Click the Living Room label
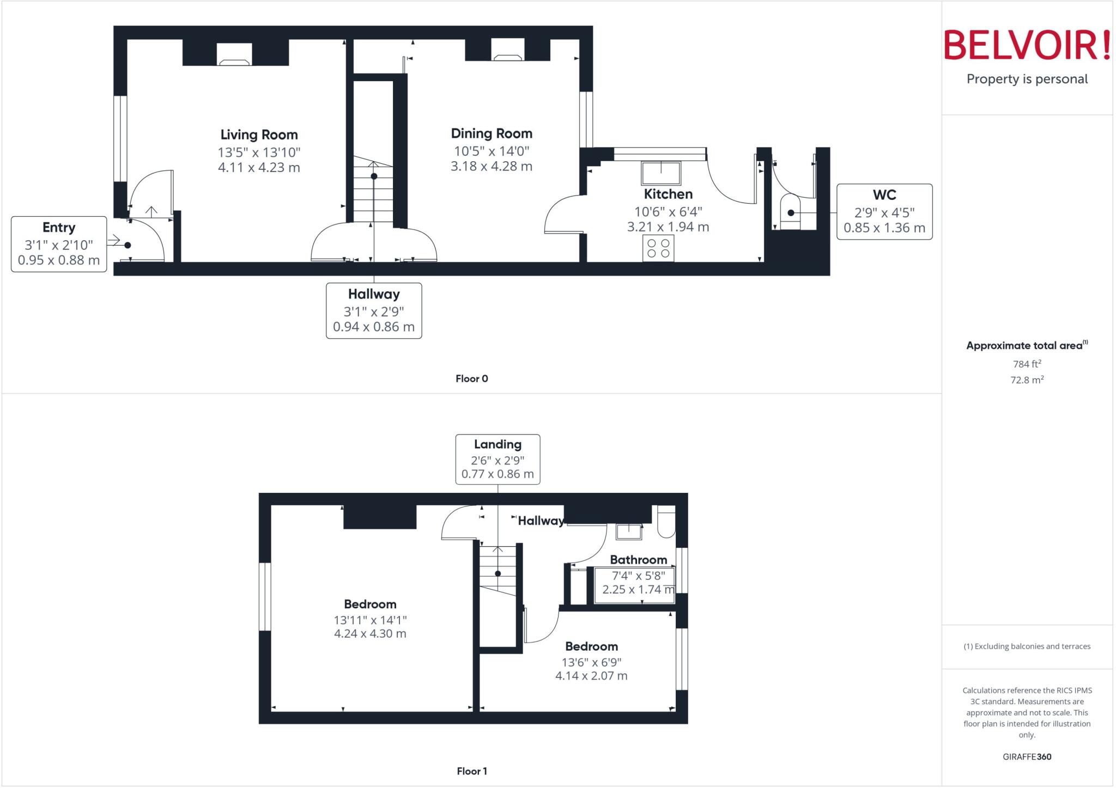click(x=259, y=135)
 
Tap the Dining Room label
click(x=492, y=133)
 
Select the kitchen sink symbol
click(x=661, y=173)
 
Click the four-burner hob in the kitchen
click(x=658, y=248)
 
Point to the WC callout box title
click(x=884, y=195)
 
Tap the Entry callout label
click(x=59, y=228)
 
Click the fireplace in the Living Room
click(x=235, y=54)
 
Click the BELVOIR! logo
click(x=1027, y=45)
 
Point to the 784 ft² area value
click(x=1027, y=364)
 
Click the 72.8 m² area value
click(x=1027, y=380)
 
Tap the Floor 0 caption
click(x=472, y=378)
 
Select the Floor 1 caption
click(x=472, y=771)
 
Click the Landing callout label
click(x=498, y=444)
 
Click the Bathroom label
click(x=638, y=560)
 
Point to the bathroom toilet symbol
click(x=666, y=522)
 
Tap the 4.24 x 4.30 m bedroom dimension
click(x=370, y=633)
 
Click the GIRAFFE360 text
click(x=1027, y=756)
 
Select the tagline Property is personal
click(x=1027, y=79)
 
